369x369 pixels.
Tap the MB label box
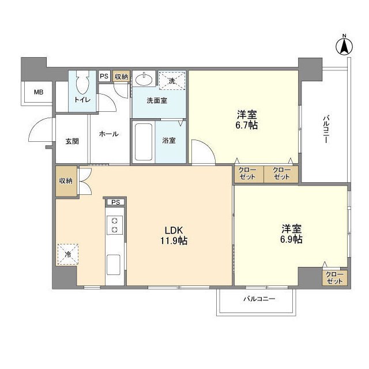click(x=38, y=92)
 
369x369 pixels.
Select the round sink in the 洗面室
click(x=143, y=80)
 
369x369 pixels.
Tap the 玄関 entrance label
click(x=71, y=142)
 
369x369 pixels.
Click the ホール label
click(x=108, y=134)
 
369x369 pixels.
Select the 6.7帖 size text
click(x=246, y=125)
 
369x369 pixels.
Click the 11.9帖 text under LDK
click(x=174, y=240)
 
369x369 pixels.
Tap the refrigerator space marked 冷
click(x=68, y=254)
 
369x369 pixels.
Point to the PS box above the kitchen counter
click(x=115, y=202)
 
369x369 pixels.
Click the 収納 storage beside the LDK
click(x=66, y=180)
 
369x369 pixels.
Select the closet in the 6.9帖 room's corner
click(x=334, y=277)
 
